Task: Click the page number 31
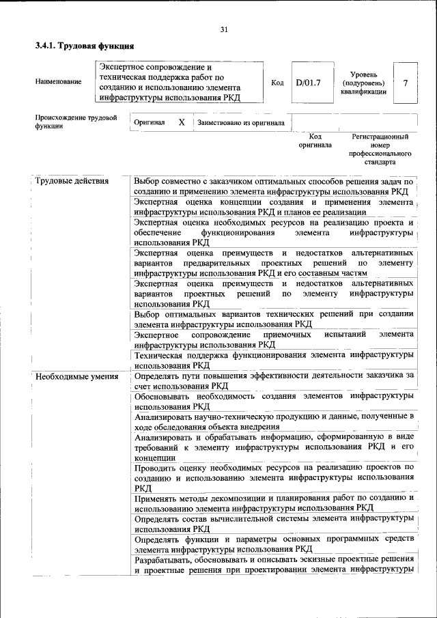pyautogui.click(x=225, y=29)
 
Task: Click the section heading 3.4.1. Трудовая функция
pyautogui.click(x=84, y=46)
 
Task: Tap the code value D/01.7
pyautogui.click(x=308, y=83)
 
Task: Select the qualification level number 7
pyautogui.click(x=406, y=83)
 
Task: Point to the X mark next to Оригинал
pyautogui.click(x=181, y=122)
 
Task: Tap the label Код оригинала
pyautogui.click(x=315, y=141)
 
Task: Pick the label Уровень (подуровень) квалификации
pyautogui.click(x=364, y=83)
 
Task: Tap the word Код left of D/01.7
pyautogui.click(x=277, y=83)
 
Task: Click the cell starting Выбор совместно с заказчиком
pyautogui.click(x=273, y=186)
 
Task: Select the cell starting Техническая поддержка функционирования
pyautogui.click(x=273, y=360)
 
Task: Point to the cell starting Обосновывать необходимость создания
pyautogui.click(x=273, y=401)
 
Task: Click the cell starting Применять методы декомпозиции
pyautogui.click(x=273, y=503)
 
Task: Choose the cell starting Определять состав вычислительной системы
pyautogui.click(x=273, y=523)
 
